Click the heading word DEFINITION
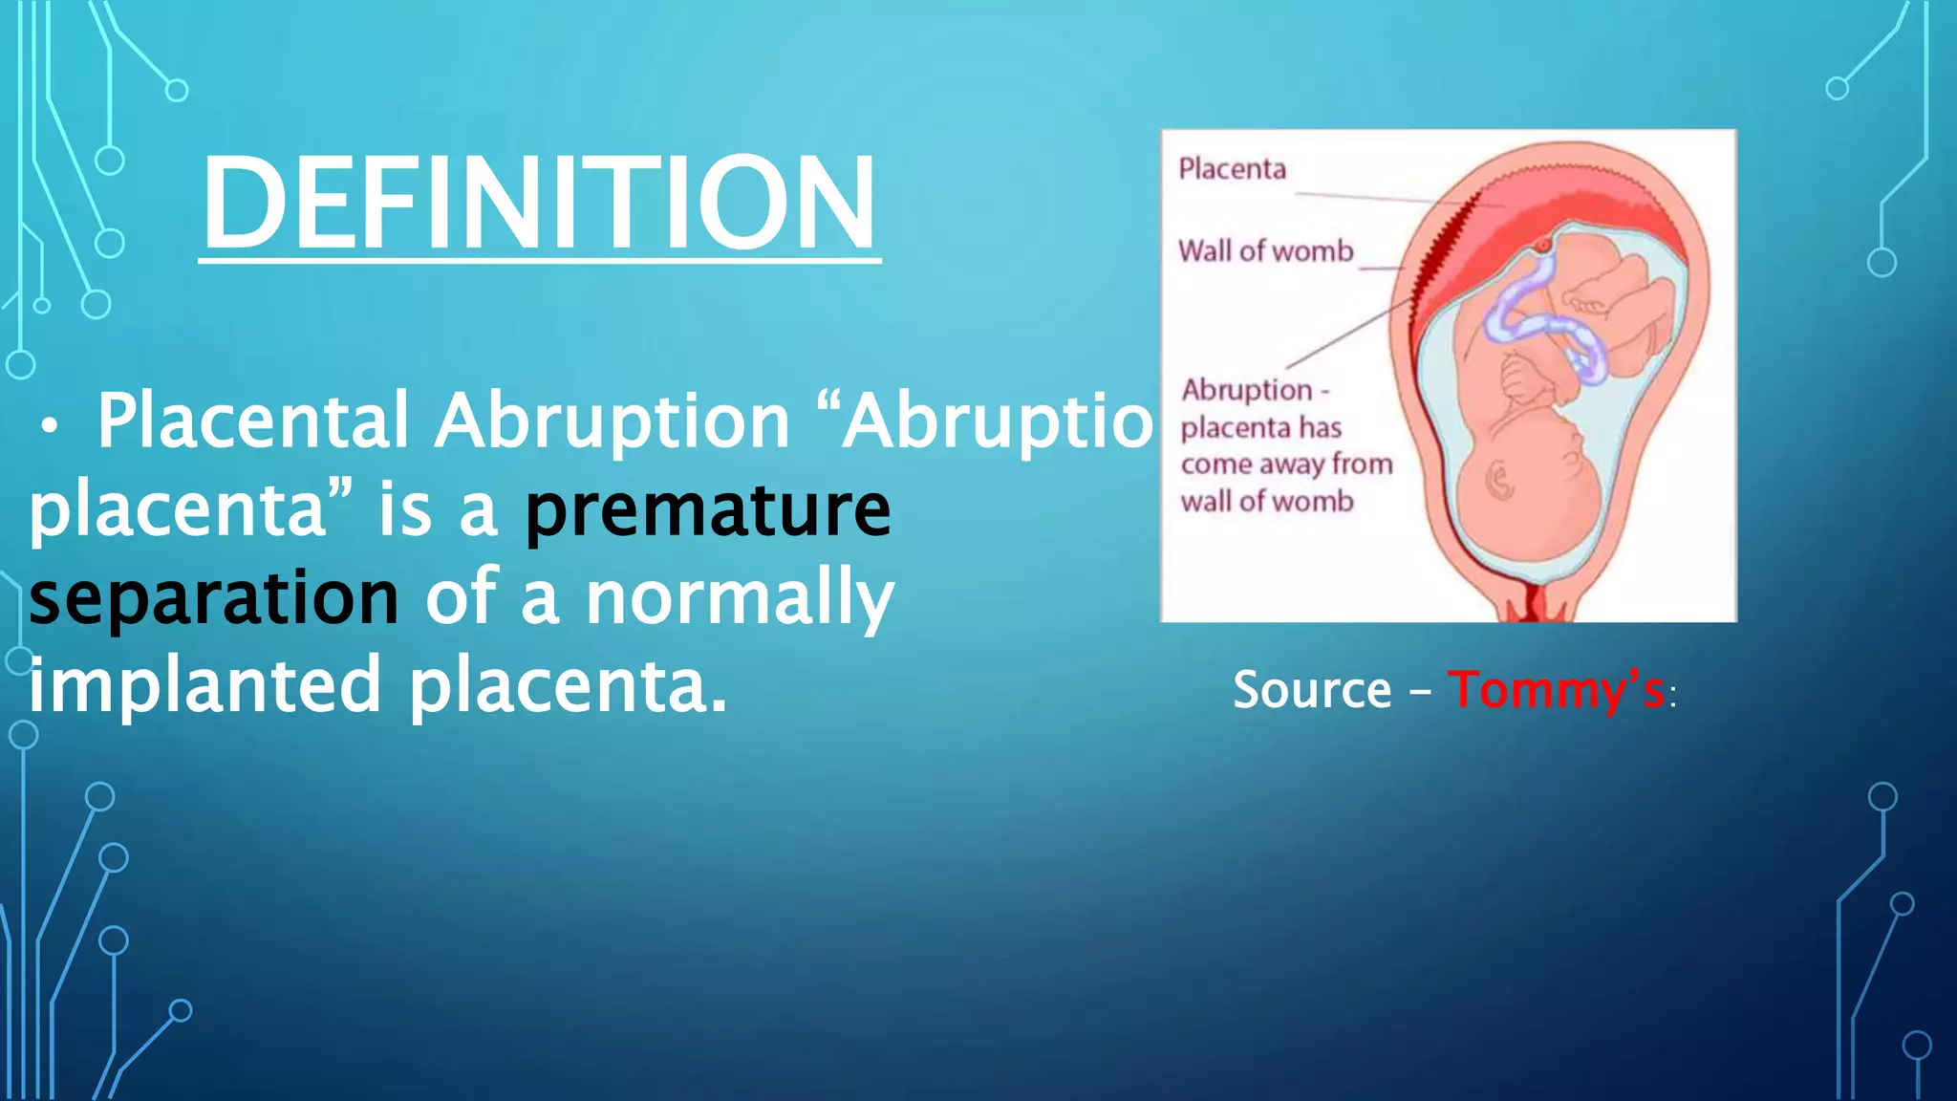[x=539, y=203]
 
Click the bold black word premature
[x=707, y=508]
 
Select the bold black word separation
[x=214, y=596]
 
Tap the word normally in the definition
[x=740, y=598]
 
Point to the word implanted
[x=205, y=684]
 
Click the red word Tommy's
[x=1556, y=689]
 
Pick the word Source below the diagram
[x=1312, y=689]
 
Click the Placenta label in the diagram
[x=1232, y=169]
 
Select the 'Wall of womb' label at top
[x=1265, y=250]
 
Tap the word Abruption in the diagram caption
[x=1247, y=390]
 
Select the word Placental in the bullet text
[x=253, y=421]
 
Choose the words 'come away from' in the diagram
[x=1286, y=464]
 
